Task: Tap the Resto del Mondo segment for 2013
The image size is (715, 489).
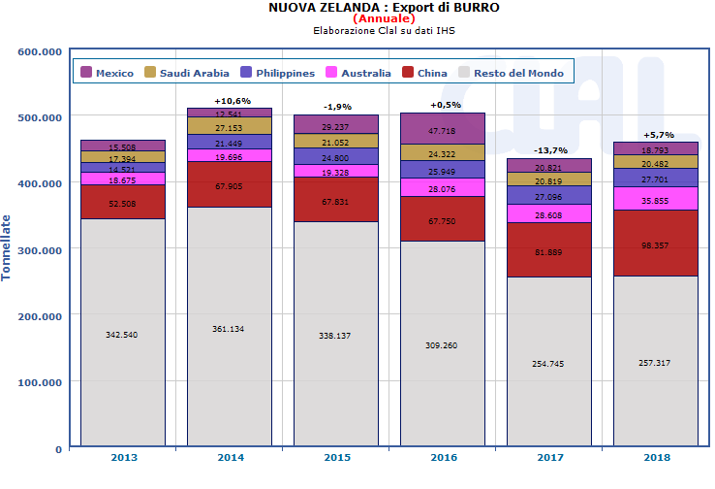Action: pyautogui.click(x=122, y=333)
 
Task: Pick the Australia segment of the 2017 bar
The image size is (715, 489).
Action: pyautogui.click(x=548, y=213)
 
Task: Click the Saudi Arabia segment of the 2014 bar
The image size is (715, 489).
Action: pyautogui.click(x=229, y=126)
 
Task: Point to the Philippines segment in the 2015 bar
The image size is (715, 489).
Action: pyautogui.click(x=335, y=156)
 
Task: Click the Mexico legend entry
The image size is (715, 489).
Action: pyautogui.click(x=108, y=73)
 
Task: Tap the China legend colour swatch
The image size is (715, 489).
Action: pyautogui.click(x=407, y=73)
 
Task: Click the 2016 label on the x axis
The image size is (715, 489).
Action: pyautogui.click(x=442, y=458)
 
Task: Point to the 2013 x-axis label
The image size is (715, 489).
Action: pyautogui.click(x=122, y=458)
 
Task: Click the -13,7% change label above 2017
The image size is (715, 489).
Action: pyautogui.click(x=548, y=150)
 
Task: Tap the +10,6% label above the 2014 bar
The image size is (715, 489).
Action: pyautogui.click(x=229, y=100)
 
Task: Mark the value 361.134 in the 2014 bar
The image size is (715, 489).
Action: pyautogui.click(x=229, y=329)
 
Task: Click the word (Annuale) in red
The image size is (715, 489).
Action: pyautogui.click(x=384, y=18)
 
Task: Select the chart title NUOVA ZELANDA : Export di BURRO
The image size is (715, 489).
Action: pyautogui.click(x=384, y=7)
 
